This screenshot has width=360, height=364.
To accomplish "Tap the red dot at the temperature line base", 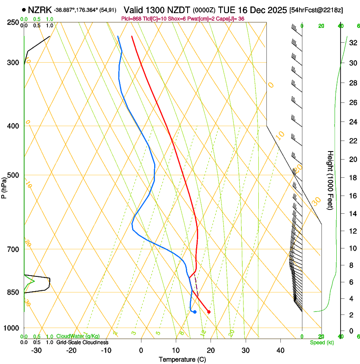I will (209, 312).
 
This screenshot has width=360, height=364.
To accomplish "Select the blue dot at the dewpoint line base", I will (194, 312).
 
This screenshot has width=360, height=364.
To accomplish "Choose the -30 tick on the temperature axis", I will (36, 350).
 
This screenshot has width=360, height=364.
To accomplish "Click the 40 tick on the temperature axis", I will (280, 350).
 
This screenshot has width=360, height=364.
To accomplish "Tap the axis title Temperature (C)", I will (182, 359).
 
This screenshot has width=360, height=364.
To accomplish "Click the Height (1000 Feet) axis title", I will (330, 180).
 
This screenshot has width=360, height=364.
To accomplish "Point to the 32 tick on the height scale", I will (352, 43).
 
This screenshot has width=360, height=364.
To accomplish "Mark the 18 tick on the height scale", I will (352, 178).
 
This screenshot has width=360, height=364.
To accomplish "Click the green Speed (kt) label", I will (321, 342).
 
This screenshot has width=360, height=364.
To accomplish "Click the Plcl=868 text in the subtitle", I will (131, 19).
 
